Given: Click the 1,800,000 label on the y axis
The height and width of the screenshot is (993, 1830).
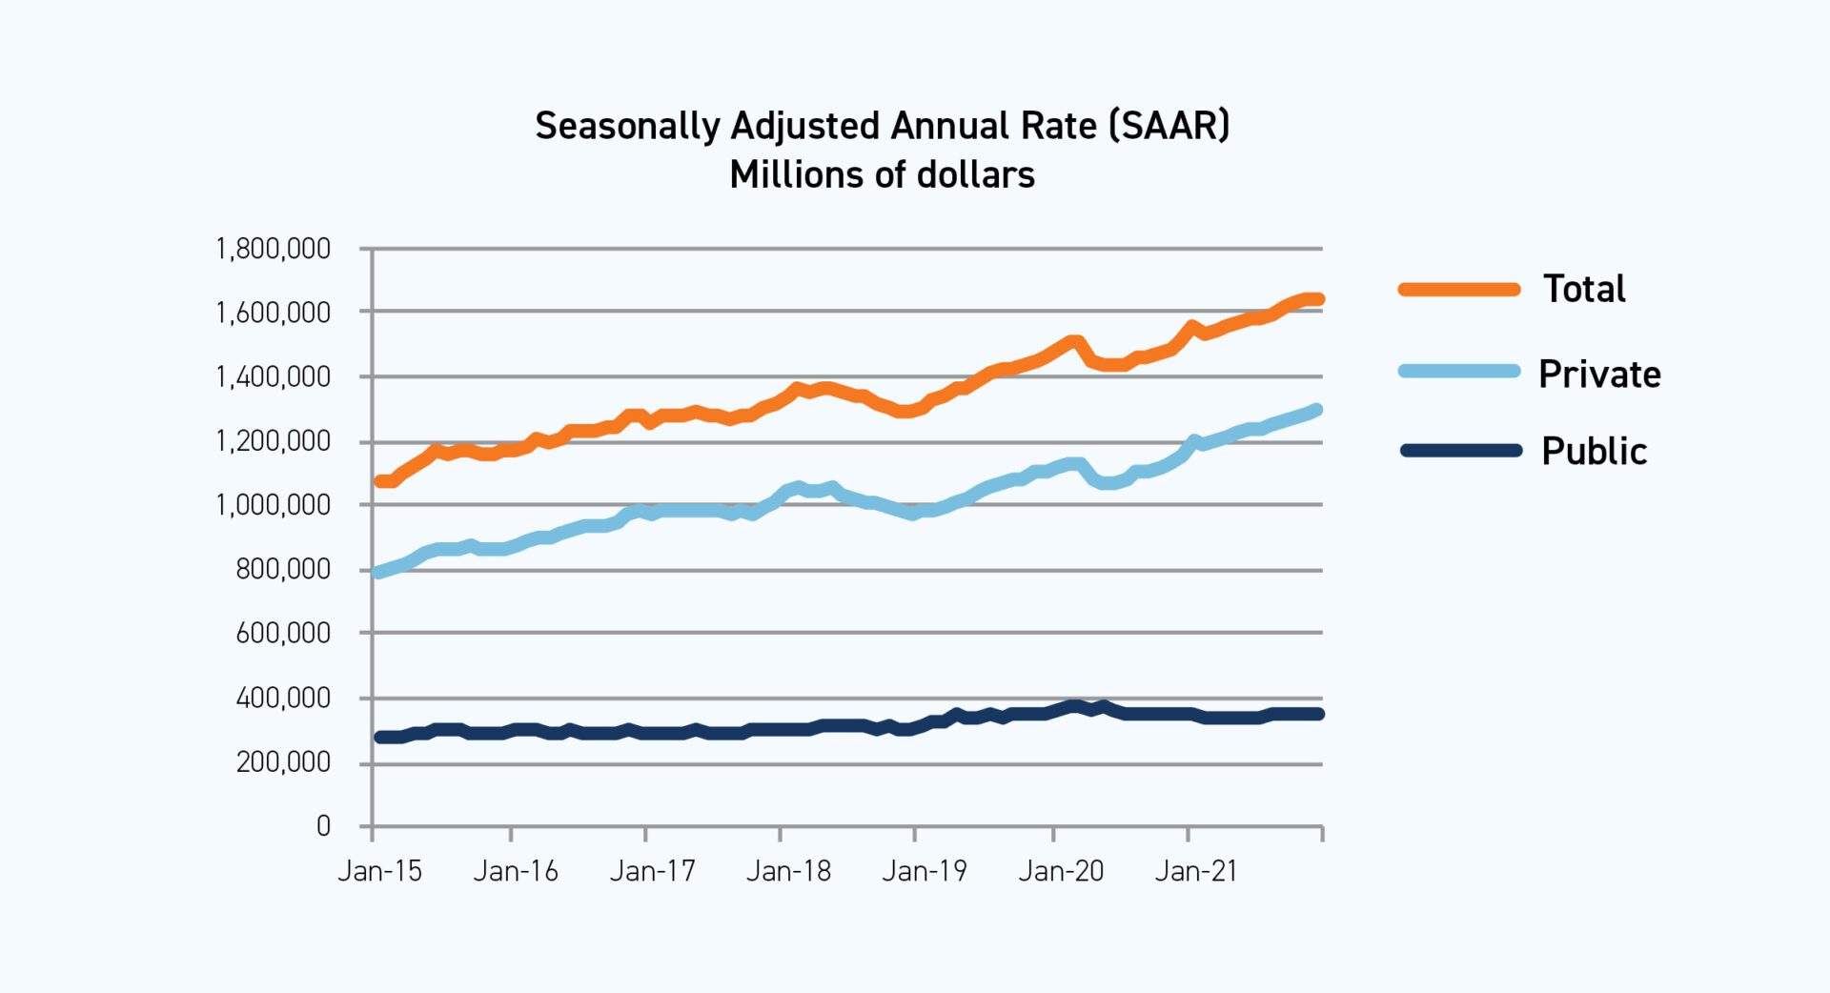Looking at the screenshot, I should pos(273,250).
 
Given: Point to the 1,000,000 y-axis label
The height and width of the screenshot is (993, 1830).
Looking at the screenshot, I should pos(273,505).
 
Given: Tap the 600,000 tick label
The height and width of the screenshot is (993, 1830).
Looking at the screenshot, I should pos(282,633).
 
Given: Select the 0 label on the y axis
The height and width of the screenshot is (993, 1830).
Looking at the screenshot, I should pos(323,826).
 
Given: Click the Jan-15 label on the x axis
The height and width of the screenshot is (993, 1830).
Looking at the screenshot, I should pos(379,871).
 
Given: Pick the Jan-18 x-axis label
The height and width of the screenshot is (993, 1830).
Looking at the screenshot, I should pos(788,871).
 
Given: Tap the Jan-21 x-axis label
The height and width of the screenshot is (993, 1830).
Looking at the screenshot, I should pos(1196,871).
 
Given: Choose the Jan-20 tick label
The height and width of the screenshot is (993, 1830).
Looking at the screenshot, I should pos(1061,871).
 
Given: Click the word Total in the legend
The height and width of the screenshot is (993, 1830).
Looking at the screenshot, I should pos(1584,289).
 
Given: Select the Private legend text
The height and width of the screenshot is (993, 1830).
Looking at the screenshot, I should pos(1599,374).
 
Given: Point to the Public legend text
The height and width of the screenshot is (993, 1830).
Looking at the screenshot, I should pos(1594,451).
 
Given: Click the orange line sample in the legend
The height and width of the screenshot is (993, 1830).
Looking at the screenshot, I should pos(1459,290).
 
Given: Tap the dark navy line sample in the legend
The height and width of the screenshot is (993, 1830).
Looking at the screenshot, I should pos(1459,451).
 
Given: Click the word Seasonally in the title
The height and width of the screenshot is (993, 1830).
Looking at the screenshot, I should pos(627,126).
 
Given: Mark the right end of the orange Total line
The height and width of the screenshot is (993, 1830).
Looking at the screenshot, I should pos(1318,299).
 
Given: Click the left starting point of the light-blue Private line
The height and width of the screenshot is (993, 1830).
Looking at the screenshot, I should pos(378,573).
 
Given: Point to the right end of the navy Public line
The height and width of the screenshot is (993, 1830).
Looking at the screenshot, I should pos(1318,714).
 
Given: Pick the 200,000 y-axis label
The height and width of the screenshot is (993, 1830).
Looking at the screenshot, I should pos(282,762).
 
